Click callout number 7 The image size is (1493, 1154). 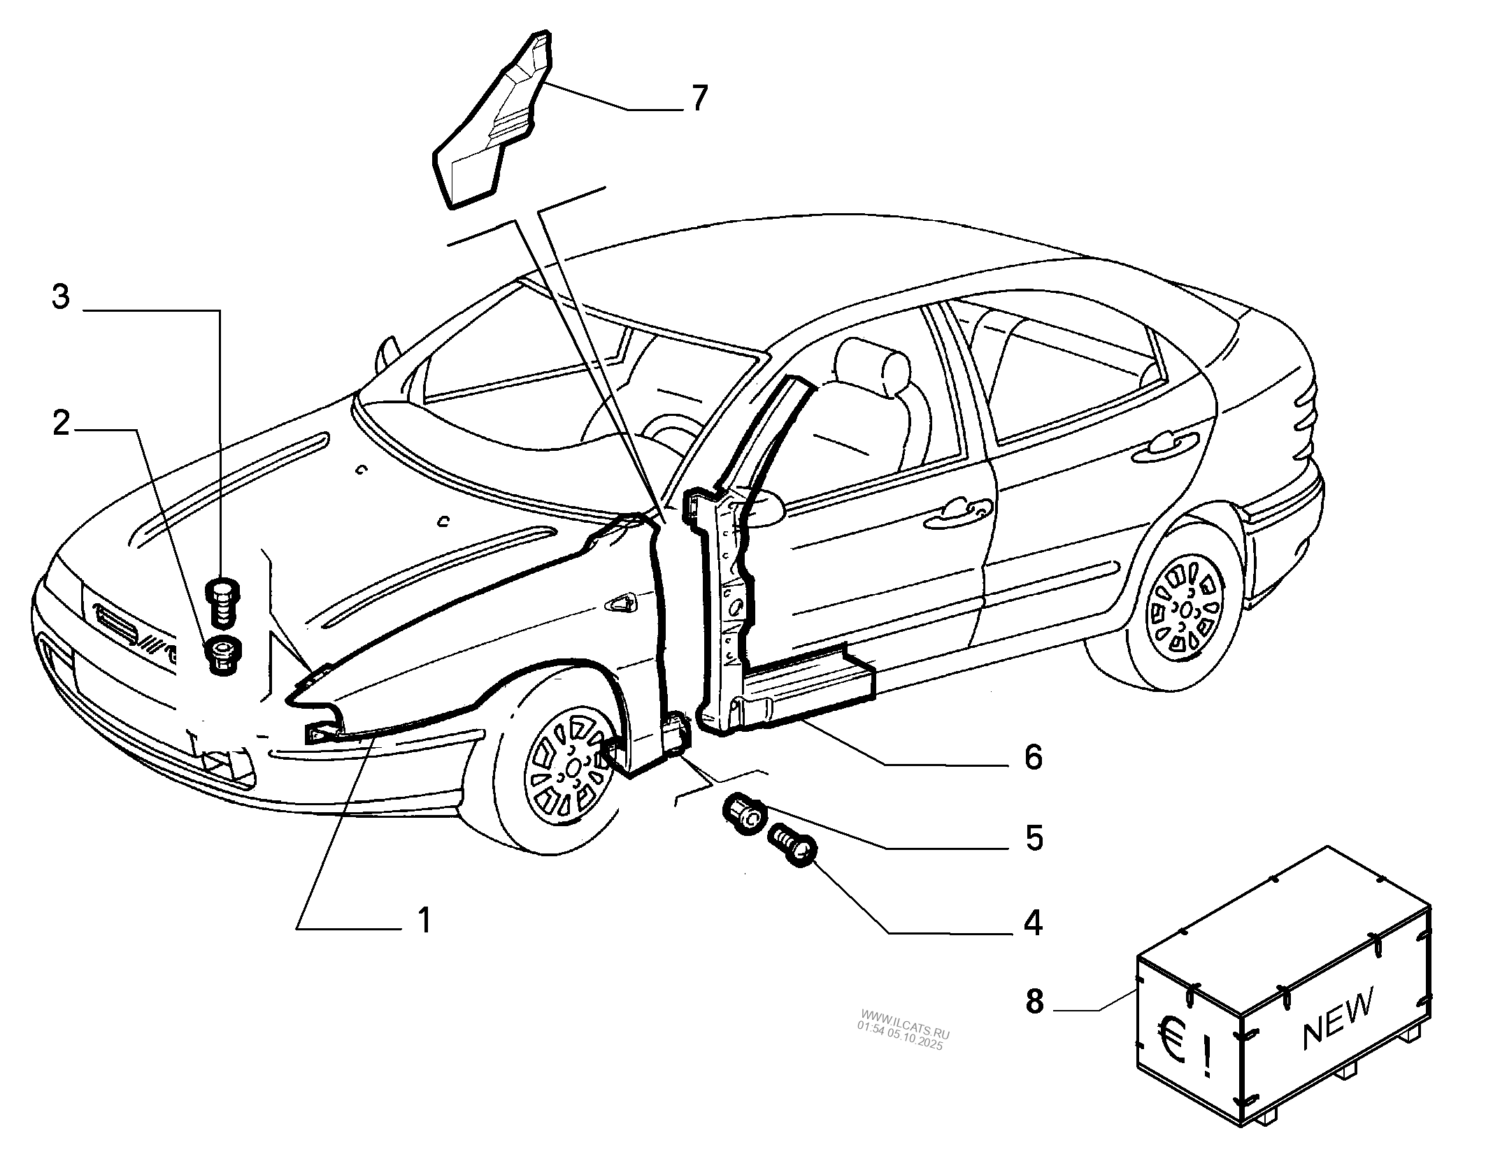(699, 99)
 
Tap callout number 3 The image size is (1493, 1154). (62, 298)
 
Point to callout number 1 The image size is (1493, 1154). (424, 921)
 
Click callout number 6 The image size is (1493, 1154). (1034, 758)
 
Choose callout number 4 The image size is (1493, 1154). (1034, 923)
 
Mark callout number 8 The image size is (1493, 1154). (1034, 1002)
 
